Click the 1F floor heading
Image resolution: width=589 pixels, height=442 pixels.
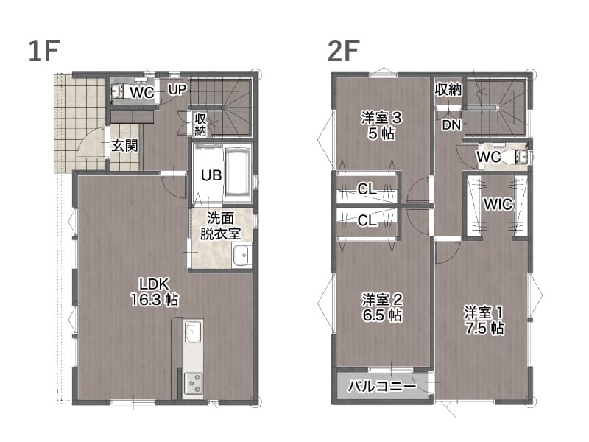[x=44, y=51]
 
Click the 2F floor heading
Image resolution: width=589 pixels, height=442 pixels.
[x=343, y=51]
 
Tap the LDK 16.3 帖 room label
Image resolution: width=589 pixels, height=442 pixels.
[x=155, y=292]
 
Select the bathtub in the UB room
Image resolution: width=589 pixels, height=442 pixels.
[x=237, y=172]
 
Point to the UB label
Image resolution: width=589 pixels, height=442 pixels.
[x=211, y=175]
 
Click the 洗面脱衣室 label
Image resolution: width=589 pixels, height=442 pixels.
[x=220, y=226]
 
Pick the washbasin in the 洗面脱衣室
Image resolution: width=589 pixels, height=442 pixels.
[x=241, y=255]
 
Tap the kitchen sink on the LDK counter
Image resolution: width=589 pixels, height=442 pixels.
[x=193, y=331]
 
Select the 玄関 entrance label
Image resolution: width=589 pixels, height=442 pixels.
[x=124, y=146]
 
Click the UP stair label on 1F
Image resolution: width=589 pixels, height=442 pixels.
[x=177, y=89]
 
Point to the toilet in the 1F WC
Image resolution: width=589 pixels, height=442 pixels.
[x=118, y=91]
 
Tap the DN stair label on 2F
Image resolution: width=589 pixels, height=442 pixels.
[x=451, y=125]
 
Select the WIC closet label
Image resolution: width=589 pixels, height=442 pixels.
[x=498, y=205]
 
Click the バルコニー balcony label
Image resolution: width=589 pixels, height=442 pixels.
[x=381, y=386]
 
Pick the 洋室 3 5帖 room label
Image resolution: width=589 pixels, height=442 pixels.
[x=381, y=126]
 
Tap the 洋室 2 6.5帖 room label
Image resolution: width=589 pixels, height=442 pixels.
[x=382, y=307]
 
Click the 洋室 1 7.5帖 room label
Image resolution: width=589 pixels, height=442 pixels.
[x=484, y=320]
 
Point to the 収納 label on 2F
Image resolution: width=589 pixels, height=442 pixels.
[x=448, y=90]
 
